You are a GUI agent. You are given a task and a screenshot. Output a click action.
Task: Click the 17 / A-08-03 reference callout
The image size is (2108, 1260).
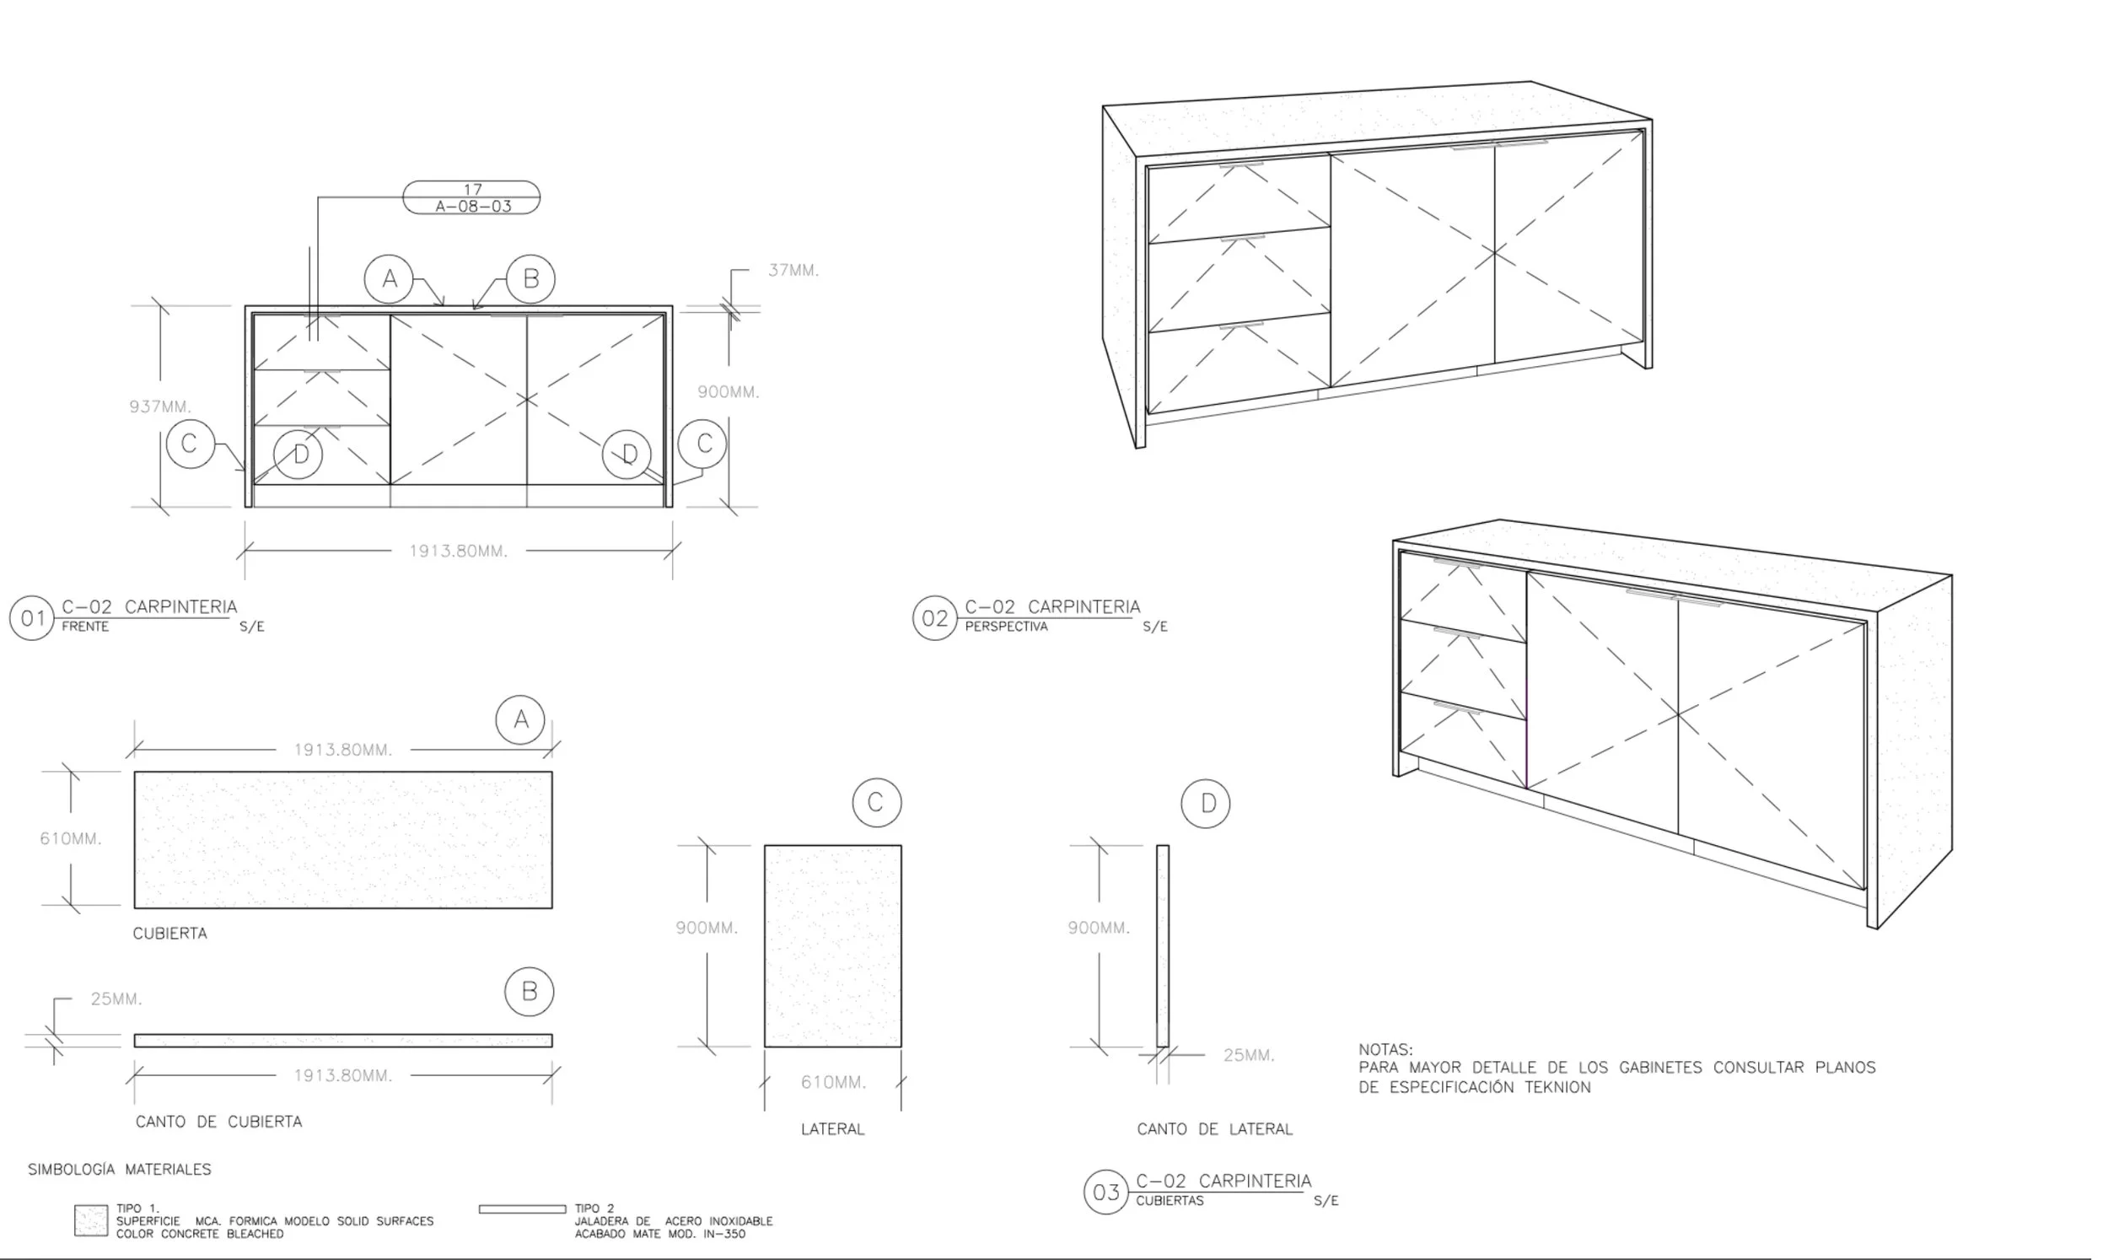pos(472,198)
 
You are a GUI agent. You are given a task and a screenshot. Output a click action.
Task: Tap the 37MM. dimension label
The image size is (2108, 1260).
pos(793,271)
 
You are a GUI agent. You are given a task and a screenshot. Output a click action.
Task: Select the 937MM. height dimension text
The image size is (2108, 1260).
pos(159,407)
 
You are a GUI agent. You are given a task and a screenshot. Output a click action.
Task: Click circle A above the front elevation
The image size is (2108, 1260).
pos(389,278)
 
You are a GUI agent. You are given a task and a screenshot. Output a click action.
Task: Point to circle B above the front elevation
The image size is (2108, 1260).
pos(530,278)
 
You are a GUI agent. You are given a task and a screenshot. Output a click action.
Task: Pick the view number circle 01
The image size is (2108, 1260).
pos(31,618)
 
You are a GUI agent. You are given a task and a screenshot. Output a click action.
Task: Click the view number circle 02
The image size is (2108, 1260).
pos(934,618)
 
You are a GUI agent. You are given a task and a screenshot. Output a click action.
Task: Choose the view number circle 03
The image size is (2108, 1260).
pos(1105,1192)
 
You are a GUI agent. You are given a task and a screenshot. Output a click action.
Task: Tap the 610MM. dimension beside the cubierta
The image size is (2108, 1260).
pos(71,839)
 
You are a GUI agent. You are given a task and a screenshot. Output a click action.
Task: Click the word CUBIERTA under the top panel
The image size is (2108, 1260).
pos(169,933)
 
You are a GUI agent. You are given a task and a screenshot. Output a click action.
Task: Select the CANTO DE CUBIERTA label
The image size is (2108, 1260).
pos(218,1122)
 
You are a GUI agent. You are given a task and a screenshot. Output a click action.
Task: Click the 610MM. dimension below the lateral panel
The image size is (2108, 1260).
pos(832,1083)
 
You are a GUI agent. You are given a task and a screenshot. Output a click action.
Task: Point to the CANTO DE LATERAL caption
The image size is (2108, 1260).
pos(1214,1129)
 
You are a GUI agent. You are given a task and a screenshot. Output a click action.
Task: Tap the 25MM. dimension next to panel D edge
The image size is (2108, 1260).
pos(1248,1055)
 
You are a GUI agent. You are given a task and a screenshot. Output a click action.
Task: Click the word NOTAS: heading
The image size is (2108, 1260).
pos(1385,1049)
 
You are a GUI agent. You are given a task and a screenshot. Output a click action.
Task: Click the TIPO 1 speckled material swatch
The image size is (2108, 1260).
pos(91,1221)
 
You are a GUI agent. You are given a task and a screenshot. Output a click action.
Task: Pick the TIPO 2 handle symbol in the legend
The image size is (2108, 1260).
pos(522,1209)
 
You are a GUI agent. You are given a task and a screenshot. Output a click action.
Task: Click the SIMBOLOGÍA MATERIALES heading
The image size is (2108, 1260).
pos(120,1169)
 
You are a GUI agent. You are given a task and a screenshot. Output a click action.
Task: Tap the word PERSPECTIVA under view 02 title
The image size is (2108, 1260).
pos(1006,627)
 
